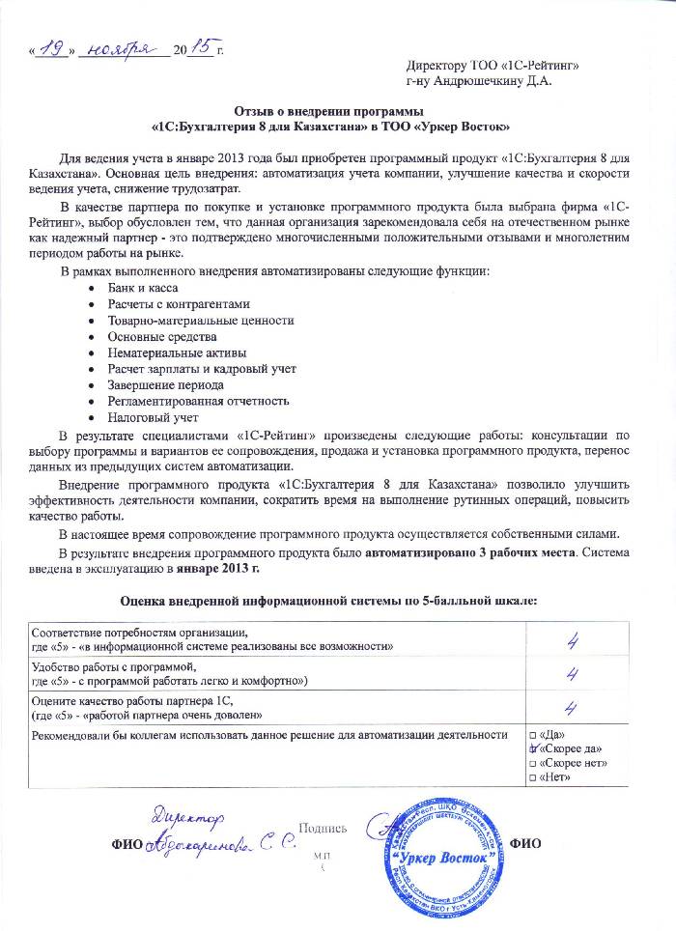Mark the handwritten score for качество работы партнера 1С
572,708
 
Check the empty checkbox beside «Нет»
530,779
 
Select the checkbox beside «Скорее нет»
530,765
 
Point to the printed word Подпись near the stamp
324,828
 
